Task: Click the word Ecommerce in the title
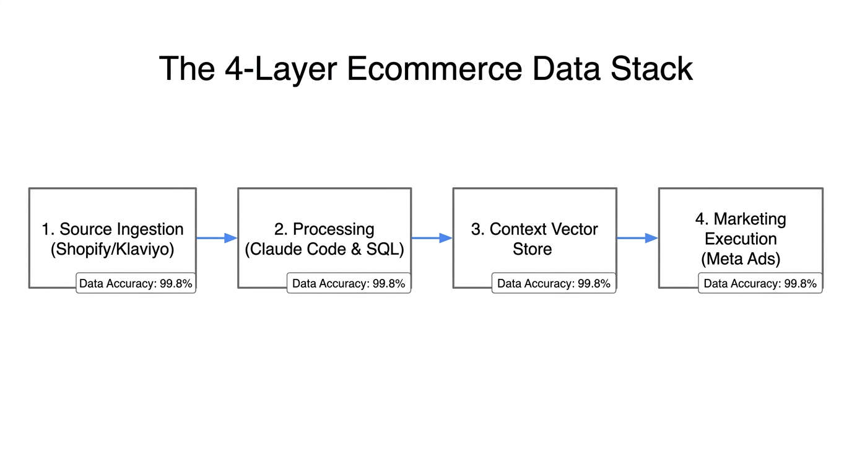coord(435,68)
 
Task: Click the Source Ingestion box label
coord(112,229)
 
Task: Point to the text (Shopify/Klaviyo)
coord(112,249)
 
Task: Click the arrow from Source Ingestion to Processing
coord(217,237)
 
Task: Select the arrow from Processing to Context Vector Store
coord(432,237)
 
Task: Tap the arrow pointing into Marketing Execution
coord(637,237)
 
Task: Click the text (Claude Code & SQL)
coord(324,249)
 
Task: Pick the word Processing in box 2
coord(333,229)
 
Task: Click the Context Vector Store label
coord(534,239)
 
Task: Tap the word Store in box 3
coord(532,249)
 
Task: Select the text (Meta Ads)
coord(740,258)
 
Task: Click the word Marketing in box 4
coord(749,219)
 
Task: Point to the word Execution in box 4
coord(740,239)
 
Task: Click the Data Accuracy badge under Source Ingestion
coord(136,284)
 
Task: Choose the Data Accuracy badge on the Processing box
coord(349,284)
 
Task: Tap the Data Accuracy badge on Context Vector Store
coord(554,284)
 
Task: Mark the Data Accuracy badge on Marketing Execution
coord(760,284)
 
